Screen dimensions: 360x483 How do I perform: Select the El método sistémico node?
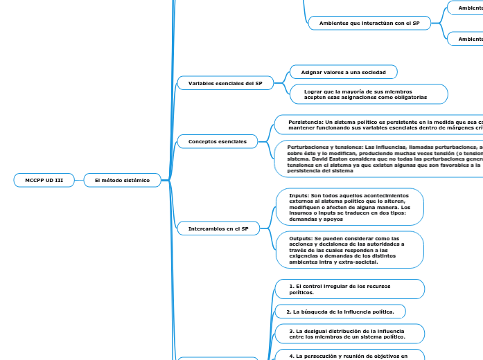pyautogui.click(x=122, y=180)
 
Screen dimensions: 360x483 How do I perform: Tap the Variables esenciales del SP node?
pyautogui.click(x=220, y=83)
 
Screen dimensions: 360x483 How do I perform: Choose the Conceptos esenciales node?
pyautogui.click(x=218, y=141)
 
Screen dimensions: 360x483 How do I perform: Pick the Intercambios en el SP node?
pyautogui.click(x=218, y=228)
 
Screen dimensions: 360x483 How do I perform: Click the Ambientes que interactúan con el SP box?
pyautogui.click(x=369, y=23)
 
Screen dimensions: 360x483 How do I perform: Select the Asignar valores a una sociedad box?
pyautogui.click(x=343, y=72)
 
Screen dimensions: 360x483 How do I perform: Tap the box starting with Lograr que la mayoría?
pyautogui.click(x=368, y=94)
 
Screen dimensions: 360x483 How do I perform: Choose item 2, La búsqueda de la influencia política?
pyautogui.click(x=340, y=312)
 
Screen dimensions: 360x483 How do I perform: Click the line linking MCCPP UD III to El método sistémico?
pyautogui.click(x=78, y=180)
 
